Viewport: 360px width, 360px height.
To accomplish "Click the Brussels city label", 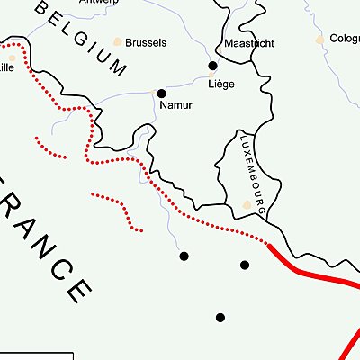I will (x=146, y=42).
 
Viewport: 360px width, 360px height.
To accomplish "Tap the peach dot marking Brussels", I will (x=117, y=41).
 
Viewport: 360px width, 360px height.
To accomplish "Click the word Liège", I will (x=220, y=84).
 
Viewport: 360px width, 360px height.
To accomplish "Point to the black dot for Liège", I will (x=213, y=66).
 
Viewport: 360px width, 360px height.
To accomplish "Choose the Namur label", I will (x=176, y=105).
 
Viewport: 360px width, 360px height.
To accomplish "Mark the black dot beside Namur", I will (x=162, y=93).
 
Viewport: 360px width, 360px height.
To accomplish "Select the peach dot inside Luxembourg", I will (x=248, y=205).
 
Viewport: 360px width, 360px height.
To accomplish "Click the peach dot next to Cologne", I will (x=319, y=40).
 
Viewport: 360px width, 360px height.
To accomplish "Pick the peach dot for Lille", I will (x=11, y=58).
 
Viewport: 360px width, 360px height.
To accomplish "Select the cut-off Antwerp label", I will (x=99, y=3).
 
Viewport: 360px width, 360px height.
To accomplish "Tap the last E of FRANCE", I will (x=78, y=290).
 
